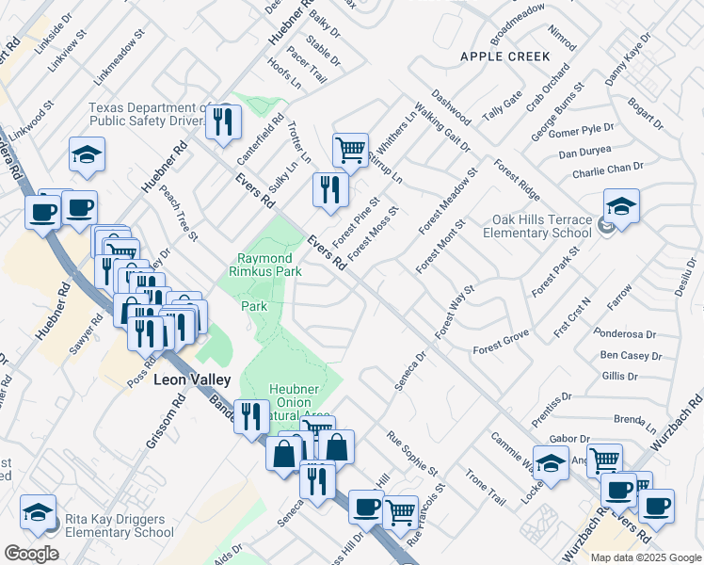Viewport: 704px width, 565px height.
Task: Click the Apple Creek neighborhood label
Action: (x=504, y=56)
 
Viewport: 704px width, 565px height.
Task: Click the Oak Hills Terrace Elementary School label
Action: (x=541, y=227)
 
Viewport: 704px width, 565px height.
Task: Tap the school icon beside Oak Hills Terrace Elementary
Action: (x=622, y=205)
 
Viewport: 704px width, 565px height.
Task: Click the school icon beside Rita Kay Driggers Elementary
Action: (x=38, y=511)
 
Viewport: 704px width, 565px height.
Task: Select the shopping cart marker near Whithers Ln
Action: (x=350, y=149)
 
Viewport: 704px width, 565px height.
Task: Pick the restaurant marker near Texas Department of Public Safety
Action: (x=224, y=121)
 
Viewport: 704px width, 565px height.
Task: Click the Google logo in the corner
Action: (x=31, y=554)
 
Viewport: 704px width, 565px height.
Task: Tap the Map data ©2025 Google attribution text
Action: (x=647, y=557)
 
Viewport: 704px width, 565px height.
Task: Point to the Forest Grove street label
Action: (x=501, y=342)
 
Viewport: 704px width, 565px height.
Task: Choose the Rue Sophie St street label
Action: (x=413, y=453)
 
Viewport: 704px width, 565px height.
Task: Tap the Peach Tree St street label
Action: (x=179, y=213)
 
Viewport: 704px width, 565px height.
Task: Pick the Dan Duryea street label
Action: (x=584, y=152)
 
